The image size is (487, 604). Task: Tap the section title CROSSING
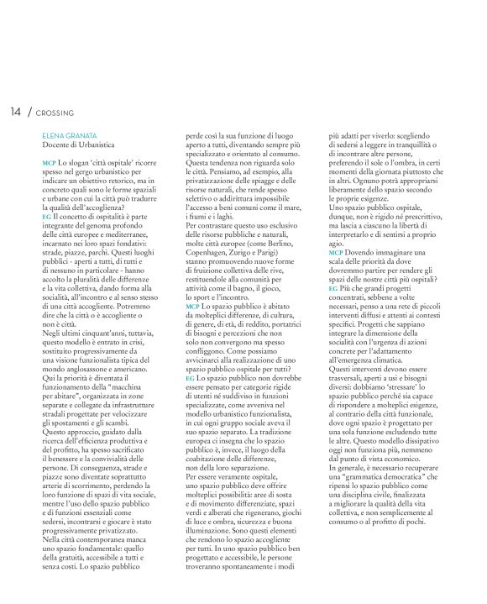click(x=57, y=113)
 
